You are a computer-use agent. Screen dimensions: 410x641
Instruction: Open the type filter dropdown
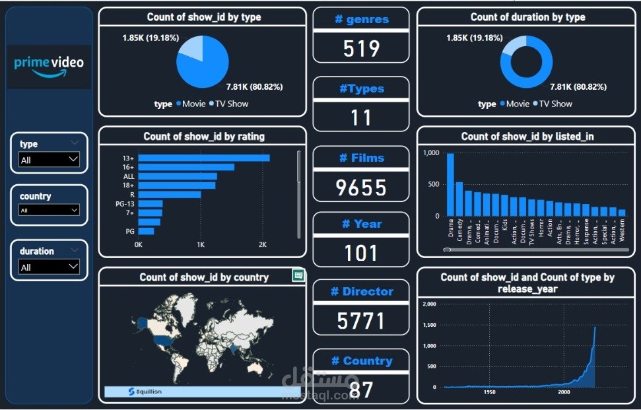[73, 159]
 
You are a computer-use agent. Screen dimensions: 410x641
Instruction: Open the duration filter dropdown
[73, 267]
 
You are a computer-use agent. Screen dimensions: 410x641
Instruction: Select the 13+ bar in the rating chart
[203, 158]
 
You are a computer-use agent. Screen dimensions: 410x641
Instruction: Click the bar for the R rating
[169, 195]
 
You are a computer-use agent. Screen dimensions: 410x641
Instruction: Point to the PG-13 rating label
[125, 204]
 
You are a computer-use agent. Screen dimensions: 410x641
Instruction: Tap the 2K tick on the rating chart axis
[262, 245]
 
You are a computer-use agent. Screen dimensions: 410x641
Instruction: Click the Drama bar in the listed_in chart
[450, 185]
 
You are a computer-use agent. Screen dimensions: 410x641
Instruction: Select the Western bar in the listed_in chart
[621, 213]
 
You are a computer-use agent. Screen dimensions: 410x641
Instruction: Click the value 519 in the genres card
[361, 48]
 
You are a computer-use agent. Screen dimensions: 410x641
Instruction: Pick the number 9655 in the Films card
[361, 188]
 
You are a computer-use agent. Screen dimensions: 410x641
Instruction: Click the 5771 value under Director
[361, 321]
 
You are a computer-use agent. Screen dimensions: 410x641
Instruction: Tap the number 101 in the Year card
[361, 253]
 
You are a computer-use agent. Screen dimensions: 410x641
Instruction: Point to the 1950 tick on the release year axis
[489, 392]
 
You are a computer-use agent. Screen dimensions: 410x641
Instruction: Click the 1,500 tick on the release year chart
[429, 325]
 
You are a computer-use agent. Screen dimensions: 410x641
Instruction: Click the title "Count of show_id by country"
[204, 277]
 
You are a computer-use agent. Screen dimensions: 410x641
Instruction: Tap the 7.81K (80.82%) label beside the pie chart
[255, 86]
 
